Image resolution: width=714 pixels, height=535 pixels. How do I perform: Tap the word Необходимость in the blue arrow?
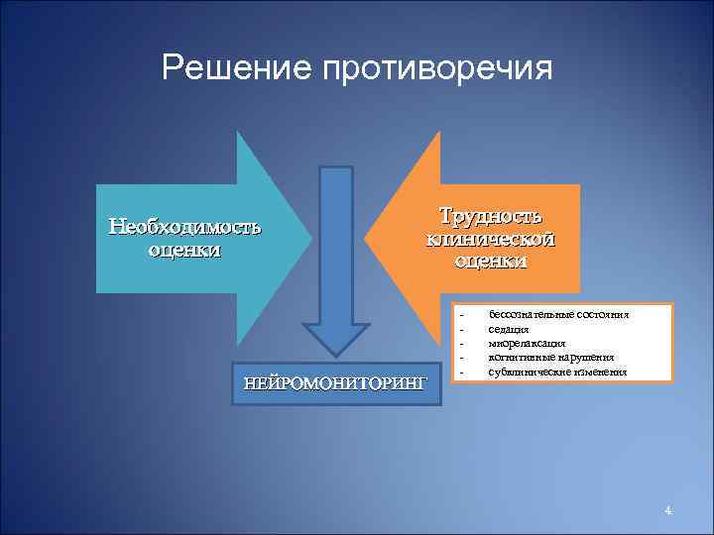[185, 226]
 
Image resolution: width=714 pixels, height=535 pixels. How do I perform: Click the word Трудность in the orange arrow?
[491, 216]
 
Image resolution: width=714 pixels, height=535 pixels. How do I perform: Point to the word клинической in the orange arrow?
[491, 239]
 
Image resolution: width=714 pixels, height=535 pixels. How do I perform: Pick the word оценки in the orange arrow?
[491, 262]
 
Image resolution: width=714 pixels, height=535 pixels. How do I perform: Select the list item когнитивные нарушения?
[551, 357]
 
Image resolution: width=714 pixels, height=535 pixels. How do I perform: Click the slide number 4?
[668, 510]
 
